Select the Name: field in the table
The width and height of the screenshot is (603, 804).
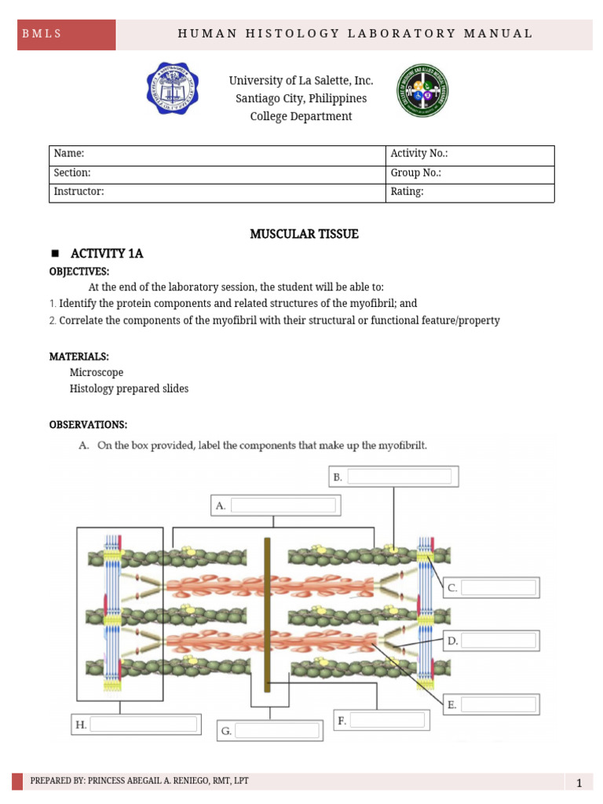[217, 155]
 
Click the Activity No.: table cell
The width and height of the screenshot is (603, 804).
[470, 155]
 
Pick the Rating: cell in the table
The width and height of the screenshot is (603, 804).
[470, 192]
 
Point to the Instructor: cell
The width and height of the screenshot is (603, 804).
[217, 192]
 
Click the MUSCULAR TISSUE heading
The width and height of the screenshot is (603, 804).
[304, 234]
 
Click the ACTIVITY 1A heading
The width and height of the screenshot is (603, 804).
[107, 253]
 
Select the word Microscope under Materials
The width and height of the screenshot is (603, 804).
[96, 372]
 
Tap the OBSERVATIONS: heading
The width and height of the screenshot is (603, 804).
[88, 425]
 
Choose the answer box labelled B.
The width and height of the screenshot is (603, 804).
[399, 477]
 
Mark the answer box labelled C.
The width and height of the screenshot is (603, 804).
[499, 587]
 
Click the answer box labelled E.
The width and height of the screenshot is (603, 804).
[499, 705]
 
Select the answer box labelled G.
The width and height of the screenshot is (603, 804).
[278, 731]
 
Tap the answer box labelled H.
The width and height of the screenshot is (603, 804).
[143, 725]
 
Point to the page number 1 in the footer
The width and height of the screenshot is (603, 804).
[578, 783]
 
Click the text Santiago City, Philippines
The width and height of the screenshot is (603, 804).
[301, 99]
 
